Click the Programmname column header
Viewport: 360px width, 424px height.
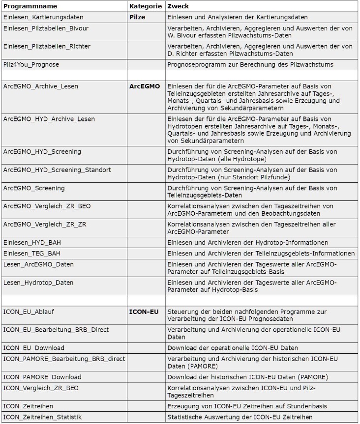click(x=30, y=6)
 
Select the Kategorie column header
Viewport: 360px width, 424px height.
click(x=145, y=6)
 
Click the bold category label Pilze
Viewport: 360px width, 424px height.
click(x=137, y=17)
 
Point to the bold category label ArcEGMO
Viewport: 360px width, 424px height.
click(x=145, y=86)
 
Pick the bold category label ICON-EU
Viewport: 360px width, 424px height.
click(x=144, y=311)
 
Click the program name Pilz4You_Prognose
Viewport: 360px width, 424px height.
click(x=33, y=64)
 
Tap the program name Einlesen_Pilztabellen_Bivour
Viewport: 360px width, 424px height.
click(x=46, y=28)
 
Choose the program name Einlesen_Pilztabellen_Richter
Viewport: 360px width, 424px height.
click(x=47, y=46)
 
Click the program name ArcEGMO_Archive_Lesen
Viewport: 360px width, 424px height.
click(x=40, y=86)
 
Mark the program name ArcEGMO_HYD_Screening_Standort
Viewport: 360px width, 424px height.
click(x=57, y=170)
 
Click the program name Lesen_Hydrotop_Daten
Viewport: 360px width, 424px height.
click(x=38, y=283)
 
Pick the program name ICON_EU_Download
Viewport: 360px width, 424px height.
click(x=40, y=348)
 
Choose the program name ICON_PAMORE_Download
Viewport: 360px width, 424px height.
click(x=42, y=377)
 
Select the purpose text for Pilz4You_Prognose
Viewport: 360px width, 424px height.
click(x=250, y=64)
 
